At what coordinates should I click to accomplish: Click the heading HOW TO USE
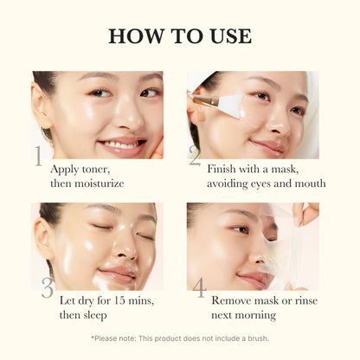coord(180,36)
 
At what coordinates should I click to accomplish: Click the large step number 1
coord(38,156)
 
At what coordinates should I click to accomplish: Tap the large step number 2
coord(195,156)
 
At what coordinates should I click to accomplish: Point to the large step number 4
coord(198,288)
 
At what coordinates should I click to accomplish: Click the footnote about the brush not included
coord(180,338)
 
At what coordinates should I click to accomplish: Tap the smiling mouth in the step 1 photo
coord(121,143)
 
